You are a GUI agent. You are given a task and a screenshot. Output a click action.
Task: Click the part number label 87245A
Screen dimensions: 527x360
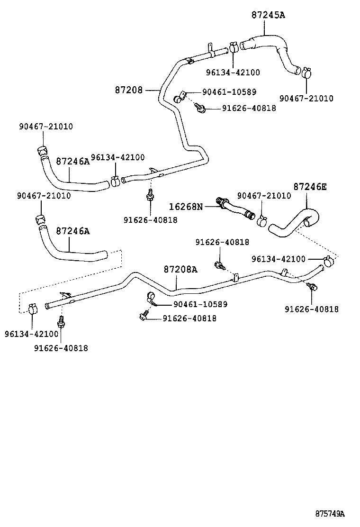268,15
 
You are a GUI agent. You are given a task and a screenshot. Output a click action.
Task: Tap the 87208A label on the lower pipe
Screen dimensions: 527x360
180,269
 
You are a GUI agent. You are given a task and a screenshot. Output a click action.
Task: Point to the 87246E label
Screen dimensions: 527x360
310,187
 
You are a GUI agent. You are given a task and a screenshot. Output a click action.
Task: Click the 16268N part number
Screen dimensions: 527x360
186,206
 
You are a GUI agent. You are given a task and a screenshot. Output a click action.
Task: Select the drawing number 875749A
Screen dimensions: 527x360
330,514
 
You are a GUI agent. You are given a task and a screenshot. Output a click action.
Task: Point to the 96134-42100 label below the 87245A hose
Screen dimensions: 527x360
233,73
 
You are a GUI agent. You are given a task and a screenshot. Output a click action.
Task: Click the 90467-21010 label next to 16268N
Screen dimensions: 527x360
264,196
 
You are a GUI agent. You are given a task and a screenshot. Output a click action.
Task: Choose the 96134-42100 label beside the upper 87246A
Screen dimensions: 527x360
117,157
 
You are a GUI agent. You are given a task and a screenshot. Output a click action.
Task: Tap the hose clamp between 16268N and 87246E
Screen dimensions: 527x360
261,220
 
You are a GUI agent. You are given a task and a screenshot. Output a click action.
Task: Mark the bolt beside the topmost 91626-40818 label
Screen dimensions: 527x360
201,109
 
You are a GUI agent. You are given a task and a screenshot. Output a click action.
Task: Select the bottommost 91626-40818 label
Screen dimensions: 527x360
61,348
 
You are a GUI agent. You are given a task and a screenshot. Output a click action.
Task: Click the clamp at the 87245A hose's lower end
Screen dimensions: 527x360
306,73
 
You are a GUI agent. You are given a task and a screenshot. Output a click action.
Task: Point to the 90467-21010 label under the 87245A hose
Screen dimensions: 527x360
306,99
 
